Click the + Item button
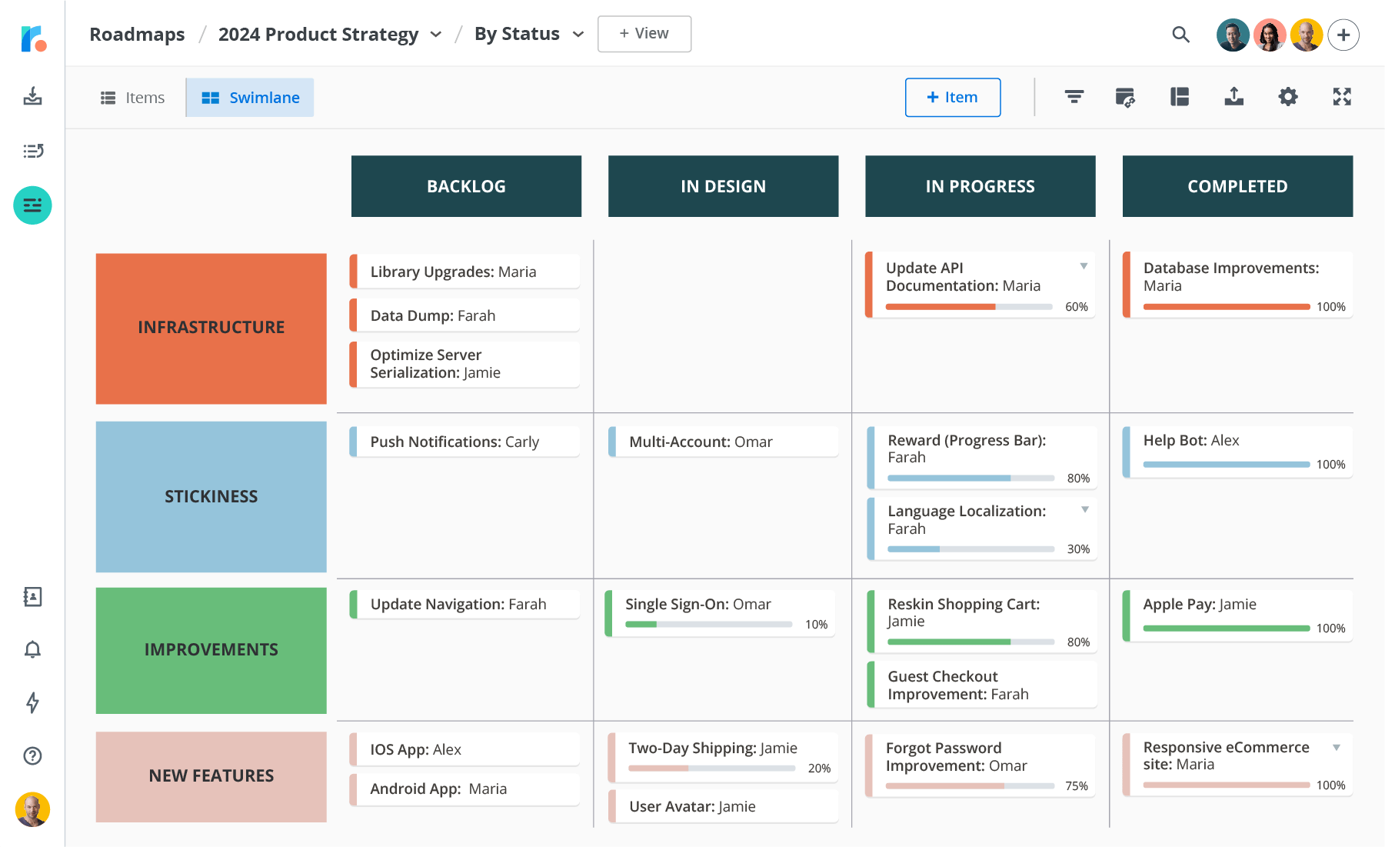pyautogui.click(x=952, y=98)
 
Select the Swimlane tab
pyautogui.click(x=250, y=98)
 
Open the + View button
pyautogui.click(x=644, y=34)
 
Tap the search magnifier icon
pyautogui.click(x=1180, y=35)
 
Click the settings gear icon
pyautogui.click(x=1287, y=97)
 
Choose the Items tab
pyautogui.click(x=133, y=98)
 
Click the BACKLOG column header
pyautogui.click(x=466, y=186)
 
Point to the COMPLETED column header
pyautogui.click(x=1237, y=186)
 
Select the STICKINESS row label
pyautogui.click(x=211, y=496)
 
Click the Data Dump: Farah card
pyautogui.click(x=464, y=315)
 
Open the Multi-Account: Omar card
pyautogui.click(x=723, y=442)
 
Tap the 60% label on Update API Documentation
pyautogui.click(x=1076, y=307)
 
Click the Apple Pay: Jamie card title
pyautogui.click(x=1199, y=604)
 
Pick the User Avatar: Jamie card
pyautogui.click(x=723, y=806)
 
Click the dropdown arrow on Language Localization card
pyautogui.click(x=1084, y=509)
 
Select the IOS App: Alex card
pyautogui.click(x=464, y=749)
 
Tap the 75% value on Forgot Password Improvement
pyautogui.click(x=1076, y=786)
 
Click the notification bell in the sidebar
pyautogui.click(x=32, y=650)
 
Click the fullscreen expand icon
pyautogui.click(x=1341, y=97)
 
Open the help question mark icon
pyautogui.click(x=32, y=756)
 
